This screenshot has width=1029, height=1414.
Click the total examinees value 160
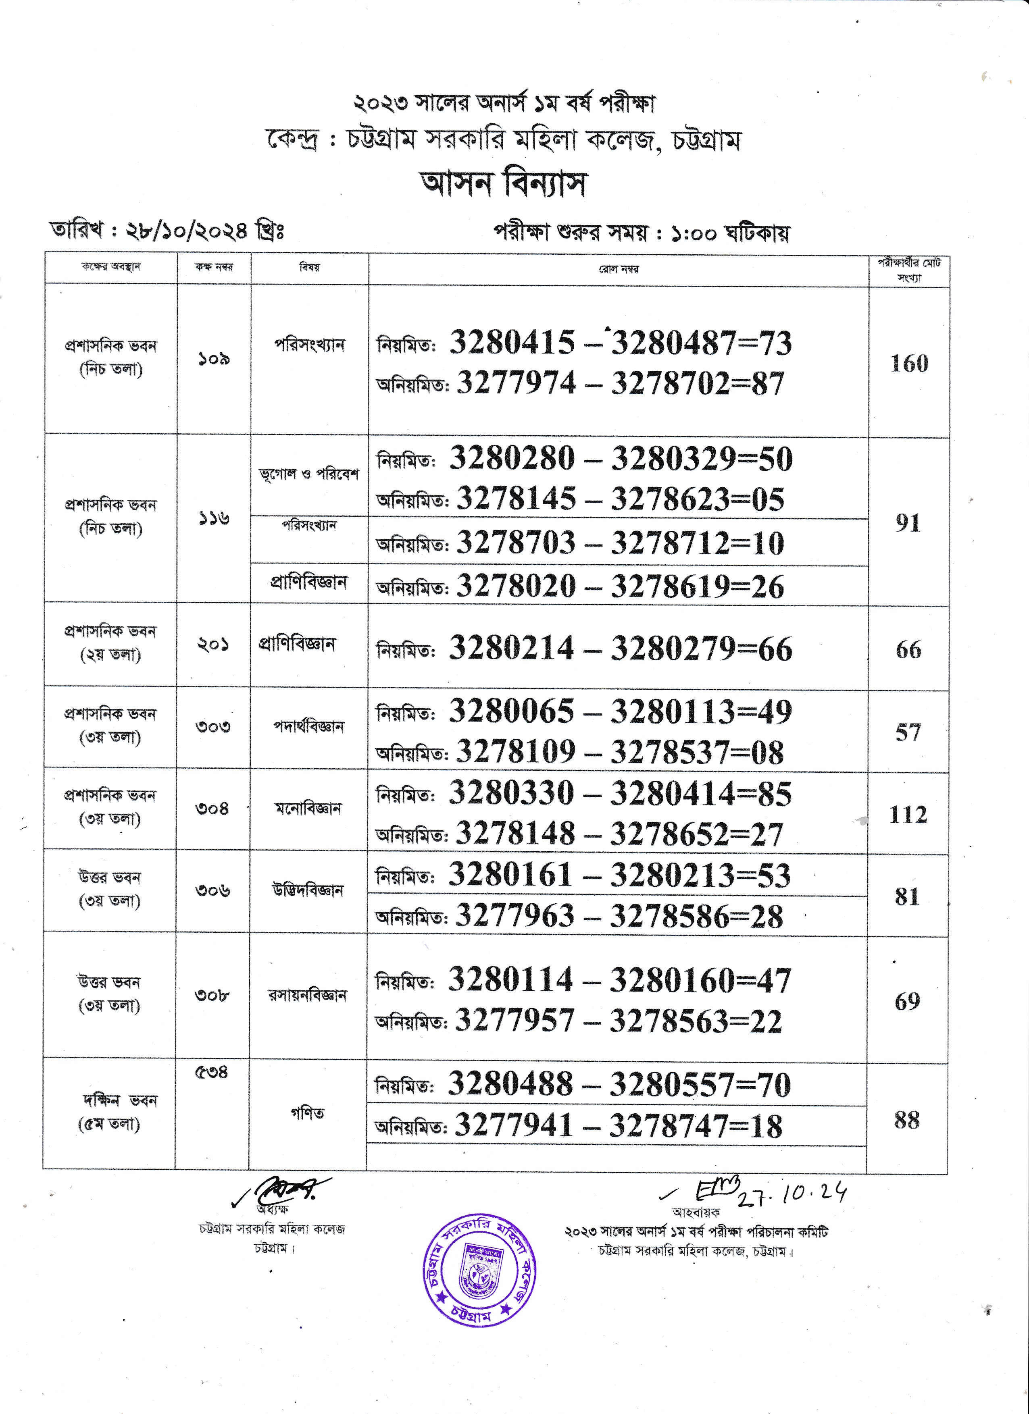[x=908, y=364]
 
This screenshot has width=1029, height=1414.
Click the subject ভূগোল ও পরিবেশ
[x=309, y=474]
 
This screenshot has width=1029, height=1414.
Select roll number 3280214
[x=511, y=649]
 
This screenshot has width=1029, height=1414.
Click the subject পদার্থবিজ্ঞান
[x=309, y=726]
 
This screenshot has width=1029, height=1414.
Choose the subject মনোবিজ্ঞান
[x=308, y=809]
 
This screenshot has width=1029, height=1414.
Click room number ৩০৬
[x=212, y=890]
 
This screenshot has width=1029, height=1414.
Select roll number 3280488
[x=510, y=1084]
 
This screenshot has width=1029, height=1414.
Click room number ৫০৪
[x=211, y=1072]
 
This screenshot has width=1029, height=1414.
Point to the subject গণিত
[x=308, y=1113]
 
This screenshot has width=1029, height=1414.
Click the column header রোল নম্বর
[x=619, y=269]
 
